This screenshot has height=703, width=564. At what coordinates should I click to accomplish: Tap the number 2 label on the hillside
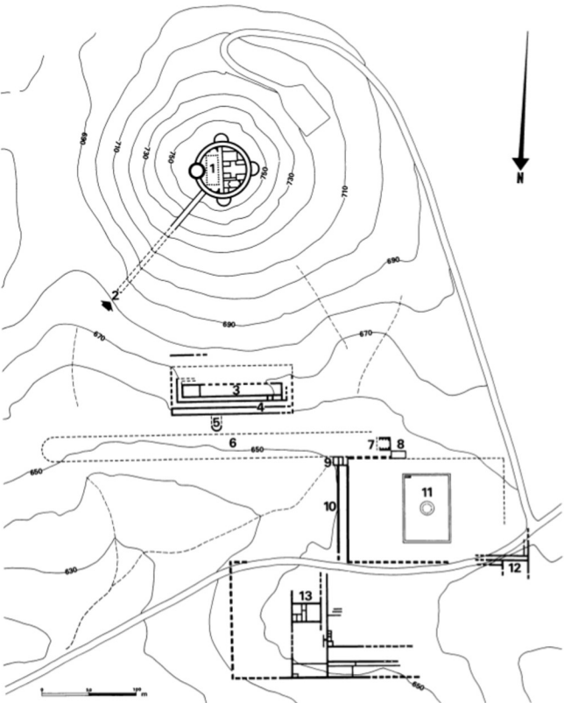[116, 294]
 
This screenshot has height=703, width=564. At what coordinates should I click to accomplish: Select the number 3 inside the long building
[236, 390]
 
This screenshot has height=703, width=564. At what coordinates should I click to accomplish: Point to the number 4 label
[260, 407]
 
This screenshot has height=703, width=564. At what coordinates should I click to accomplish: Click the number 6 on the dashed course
[232, 445]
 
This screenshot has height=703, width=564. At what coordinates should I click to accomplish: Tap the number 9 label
[327, 461]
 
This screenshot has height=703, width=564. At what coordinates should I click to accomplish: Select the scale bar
[88, 692]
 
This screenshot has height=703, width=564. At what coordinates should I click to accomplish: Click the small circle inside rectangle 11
[427, 514]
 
